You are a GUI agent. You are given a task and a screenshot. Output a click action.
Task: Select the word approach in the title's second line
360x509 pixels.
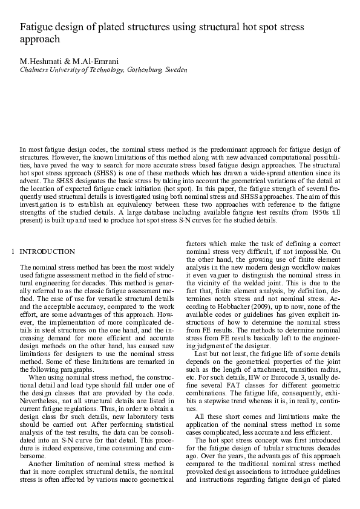(x=41, y=40)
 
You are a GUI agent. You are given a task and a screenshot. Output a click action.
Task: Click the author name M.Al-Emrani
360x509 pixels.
(x=91, y=62)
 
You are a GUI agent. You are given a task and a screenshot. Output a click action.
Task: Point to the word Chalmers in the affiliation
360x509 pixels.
(x=34, y=70)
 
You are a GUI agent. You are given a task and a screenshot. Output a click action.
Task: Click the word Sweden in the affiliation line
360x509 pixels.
(x=176, y=70)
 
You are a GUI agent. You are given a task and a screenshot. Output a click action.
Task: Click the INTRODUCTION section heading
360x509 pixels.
(x=48, y=252)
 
